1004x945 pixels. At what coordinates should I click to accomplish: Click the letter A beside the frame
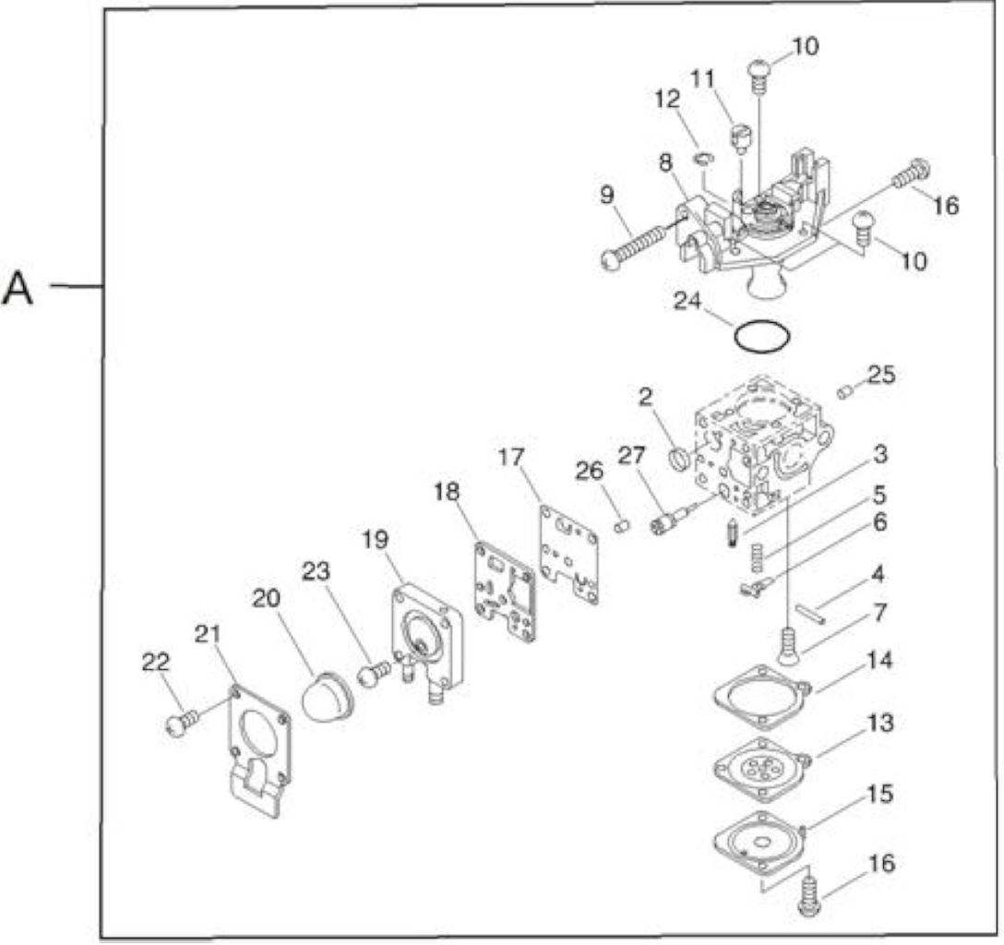tap(18, 289)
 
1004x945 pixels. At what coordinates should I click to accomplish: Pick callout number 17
tap(511, 457)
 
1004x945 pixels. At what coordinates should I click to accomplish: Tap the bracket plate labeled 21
tap(258, 749)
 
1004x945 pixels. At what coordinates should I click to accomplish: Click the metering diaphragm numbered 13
tap(762, 768)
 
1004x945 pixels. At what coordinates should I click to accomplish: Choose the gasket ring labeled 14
tap(762, 697)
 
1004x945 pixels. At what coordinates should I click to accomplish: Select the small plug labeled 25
tap(844, 392)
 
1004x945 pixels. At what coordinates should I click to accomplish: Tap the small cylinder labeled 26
tap(622, 526)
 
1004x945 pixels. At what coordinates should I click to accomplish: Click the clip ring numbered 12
tap(703, 158)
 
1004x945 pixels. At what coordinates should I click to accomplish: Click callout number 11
tap(702, 78)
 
